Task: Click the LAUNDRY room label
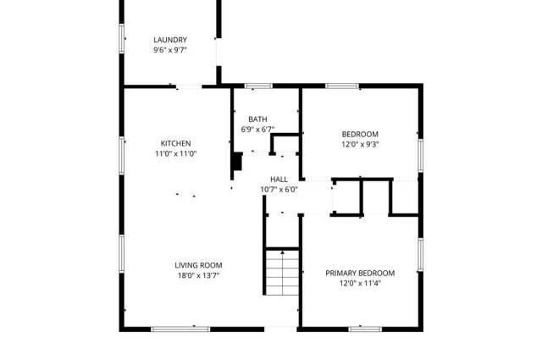click(170, 40)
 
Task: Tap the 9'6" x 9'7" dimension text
click(170, 50)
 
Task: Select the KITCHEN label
click(175, 143)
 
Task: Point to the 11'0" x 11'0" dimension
click(175, 153)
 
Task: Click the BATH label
click(257, 119)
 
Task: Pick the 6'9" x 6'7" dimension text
click(257, 130)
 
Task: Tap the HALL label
click(279, 180)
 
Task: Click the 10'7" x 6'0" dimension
click(279, 190)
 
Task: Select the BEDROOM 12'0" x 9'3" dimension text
click(360, 144)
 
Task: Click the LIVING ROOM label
click(198, 265)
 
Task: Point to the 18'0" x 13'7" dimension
click(198, 275)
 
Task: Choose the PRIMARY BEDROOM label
click(360, 274)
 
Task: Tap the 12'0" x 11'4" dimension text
click(360, 283)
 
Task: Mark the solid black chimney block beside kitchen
click(237, 162)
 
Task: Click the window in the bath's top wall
click(258, 86)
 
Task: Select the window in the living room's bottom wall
click(180, 330)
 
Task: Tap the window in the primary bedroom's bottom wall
click(365, 330)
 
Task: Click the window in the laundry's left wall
click(122, 39)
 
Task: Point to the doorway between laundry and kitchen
click(189, 86)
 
